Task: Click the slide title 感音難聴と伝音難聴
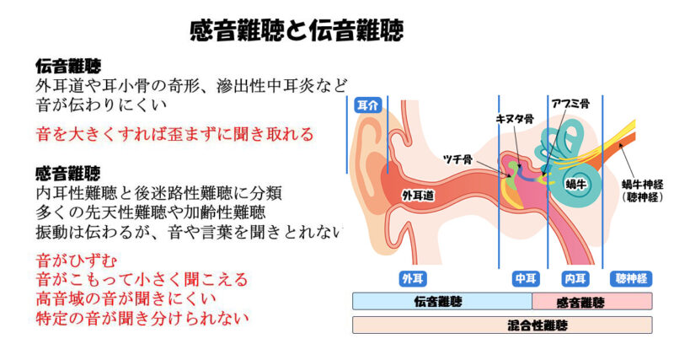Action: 297,30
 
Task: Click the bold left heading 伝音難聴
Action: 68,67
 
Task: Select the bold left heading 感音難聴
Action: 68,174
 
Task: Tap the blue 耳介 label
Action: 367,105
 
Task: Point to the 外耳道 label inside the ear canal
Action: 418,196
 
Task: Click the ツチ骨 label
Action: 457,159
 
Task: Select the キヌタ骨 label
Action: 515,119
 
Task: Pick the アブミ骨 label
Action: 570,104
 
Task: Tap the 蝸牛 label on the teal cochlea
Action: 576,185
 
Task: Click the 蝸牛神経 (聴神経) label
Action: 642,191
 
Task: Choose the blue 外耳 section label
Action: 413,279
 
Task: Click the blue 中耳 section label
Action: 526,279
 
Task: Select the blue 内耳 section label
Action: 575,279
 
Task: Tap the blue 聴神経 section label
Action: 631,279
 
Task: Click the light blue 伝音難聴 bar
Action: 442,301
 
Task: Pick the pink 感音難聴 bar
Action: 592,301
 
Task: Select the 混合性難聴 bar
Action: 502,325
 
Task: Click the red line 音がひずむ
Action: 77,261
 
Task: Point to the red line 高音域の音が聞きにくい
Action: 126,298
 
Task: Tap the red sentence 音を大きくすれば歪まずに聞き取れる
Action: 175,134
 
